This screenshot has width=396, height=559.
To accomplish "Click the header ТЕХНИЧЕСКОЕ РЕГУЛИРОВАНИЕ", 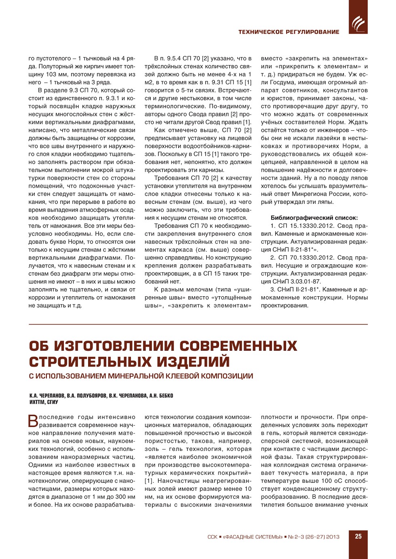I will point(289,32).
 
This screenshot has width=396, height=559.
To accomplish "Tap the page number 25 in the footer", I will point(358,536).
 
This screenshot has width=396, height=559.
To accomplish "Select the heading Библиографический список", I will point(314,218).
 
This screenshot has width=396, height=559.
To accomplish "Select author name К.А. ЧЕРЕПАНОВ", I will point(47,396).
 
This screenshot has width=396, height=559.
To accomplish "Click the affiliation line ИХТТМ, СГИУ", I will point(44,402).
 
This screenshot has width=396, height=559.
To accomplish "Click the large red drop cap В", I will point(33,421).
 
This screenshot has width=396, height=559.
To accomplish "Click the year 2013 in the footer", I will point(333,537).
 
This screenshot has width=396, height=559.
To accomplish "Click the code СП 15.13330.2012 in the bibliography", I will point(306,226).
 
